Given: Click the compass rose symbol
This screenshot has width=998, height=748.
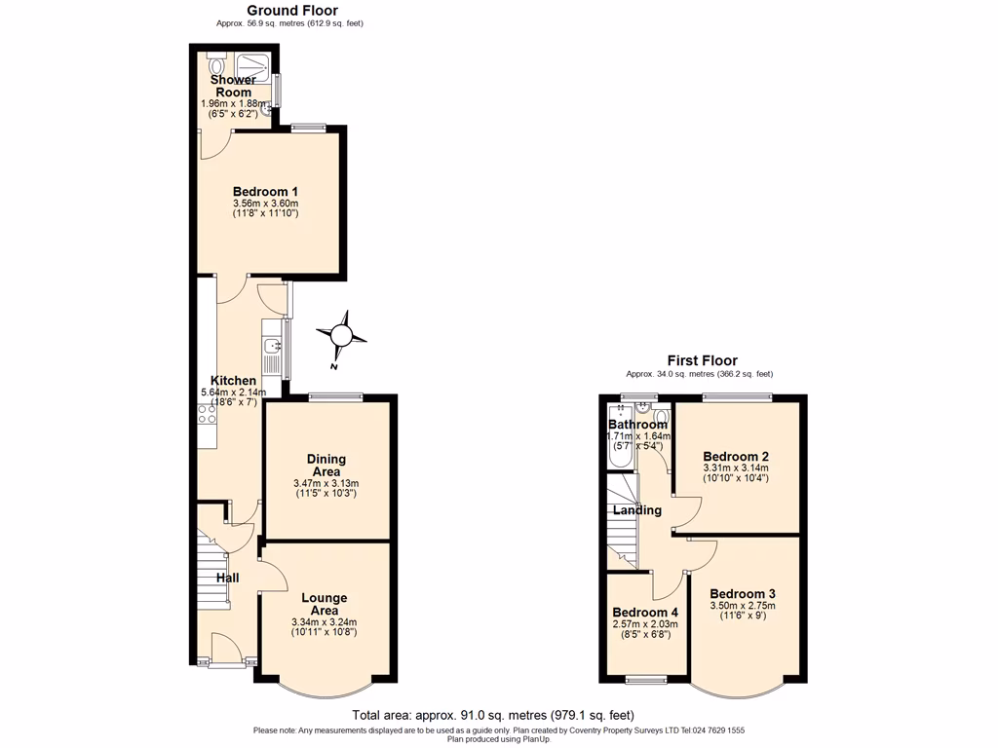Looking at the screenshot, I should [x=342, y=336].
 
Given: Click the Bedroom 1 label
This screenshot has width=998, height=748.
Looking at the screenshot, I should [x=265, y=192].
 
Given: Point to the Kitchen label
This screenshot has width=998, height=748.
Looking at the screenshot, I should [x=234, y=381].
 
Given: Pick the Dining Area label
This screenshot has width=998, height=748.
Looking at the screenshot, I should [x=326, y=466].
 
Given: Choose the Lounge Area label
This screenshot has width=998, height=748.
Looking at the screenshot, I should [x=324, y=604].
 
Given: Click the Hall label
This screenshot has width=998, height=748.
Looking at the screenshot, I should [x=227, y=578].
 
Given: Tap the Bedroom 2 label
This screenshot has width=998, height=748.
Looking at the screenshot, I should [x=736, y=457].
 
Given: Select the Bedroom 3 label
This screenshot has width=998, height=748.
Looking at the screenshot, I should [x=742, y=594].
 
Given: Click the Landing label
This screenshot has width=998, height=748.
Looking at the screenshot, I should [x=637, y=510].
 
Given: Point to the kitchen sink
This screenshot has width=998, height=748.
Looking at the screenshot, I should [x=271, y=346].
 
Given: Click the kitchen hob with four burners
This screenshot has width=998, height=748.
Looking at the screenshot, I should [x=207, y=414].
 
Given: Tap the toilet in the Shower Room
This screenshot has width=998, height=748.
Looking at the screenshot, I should [x=215, y=64].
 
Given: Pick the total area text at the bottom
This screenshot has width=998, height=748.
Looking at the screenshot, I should [x=498, y=714].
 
